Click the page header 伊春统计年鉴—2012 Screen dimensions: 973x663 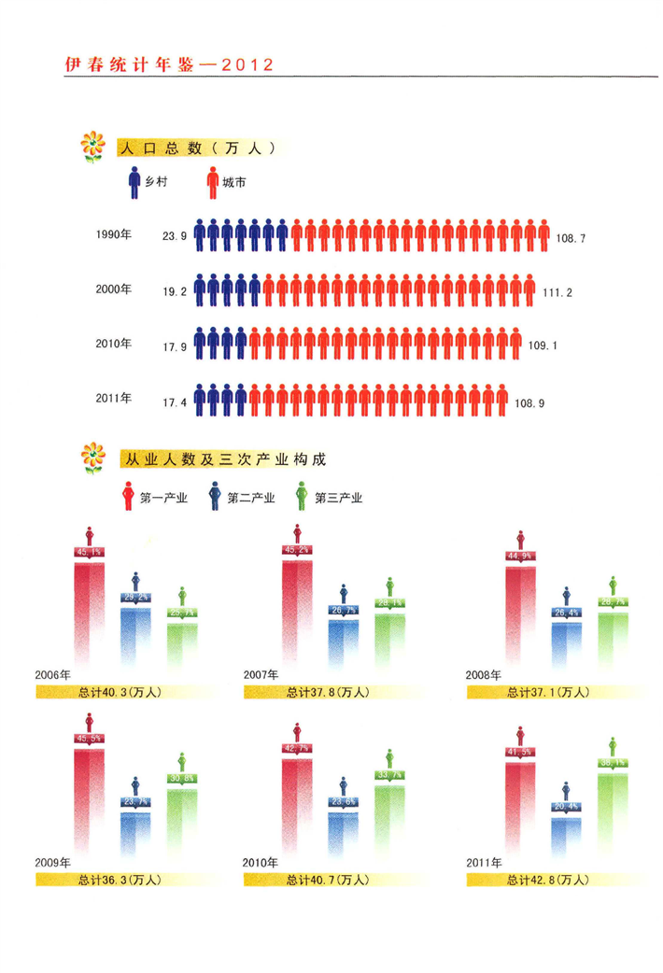pos(168,64)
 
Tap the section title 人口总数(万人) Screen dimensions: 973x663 pos(195,148)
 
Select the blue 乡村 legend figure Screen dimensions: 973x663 pos(134,180)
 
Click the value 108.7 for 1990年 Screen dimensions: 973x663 pos(571,239)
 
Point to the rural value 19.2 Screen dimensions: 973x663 pos(176,292)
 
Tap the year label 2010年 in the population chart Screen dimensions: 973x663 pos(113,344)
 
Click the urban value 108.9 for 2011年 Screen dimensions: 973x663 pos(529,402)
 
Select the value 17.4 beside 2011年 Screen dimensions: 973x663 pos(176,402)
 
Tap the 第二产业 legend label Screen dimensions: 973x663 pos(251,498)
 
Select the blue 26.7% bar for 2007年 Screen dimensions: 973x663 pos(343,640)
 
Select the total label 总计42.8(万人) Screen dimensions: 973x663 pos(549,880)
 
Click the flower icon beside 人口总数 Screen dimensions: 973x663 pos(92,148)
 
